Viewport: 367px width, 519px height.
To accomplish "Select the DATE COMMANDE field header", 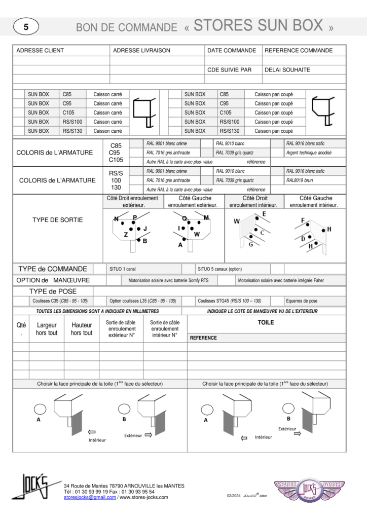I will click(232, 51).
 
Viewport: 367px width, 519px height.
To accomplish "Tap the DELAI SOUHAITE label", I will click(287, 70).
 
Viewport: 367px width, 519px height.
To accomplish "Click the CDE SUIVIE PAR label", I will click(230, 70).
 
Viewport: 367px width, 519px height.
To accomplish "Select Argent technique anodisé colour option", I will click(308, 153).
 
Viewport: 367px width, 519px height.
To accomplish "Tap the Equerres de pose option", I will click(302, 301).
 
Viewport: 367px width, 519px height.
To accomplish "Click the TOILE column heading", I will click(266, 322).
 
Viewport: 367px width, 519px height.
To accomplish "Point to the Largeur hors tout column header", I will click(47, 329).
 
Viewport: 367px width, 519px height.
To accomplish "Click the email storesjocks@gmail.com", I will click(90, 497).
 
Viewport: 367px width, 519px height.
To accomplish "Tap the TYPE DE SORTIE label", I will click(57, 220).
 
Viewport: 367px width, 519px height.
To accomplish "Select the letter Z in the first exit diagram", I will click(126, 235).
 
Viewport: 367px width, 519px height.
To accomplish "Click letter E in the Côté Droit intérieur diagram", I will click(264, 214).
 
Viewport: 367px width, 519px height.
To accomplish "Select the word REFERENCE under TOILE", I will click(203, 338).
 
